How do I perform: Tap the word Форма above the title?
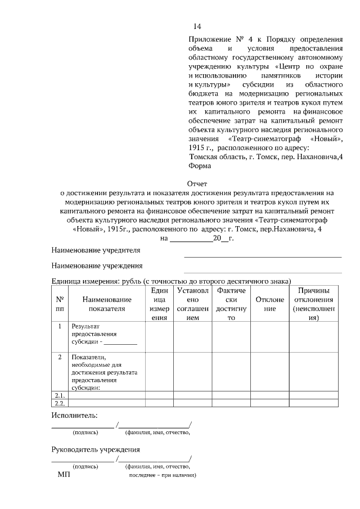click(x=200, y=166)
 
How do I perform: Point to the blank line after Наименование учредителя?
click(x=263, y=256)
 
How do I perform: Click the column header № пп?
click(x=59, y=304)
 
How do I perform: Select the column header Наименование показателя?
click(x=106, y=304)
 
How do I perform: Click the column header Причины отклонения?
click(x=313, y=304)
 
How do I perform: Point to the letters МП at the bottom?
click(x=64, y=475)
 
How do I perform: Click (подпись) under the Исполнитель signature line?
click(x=85, y=433)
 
